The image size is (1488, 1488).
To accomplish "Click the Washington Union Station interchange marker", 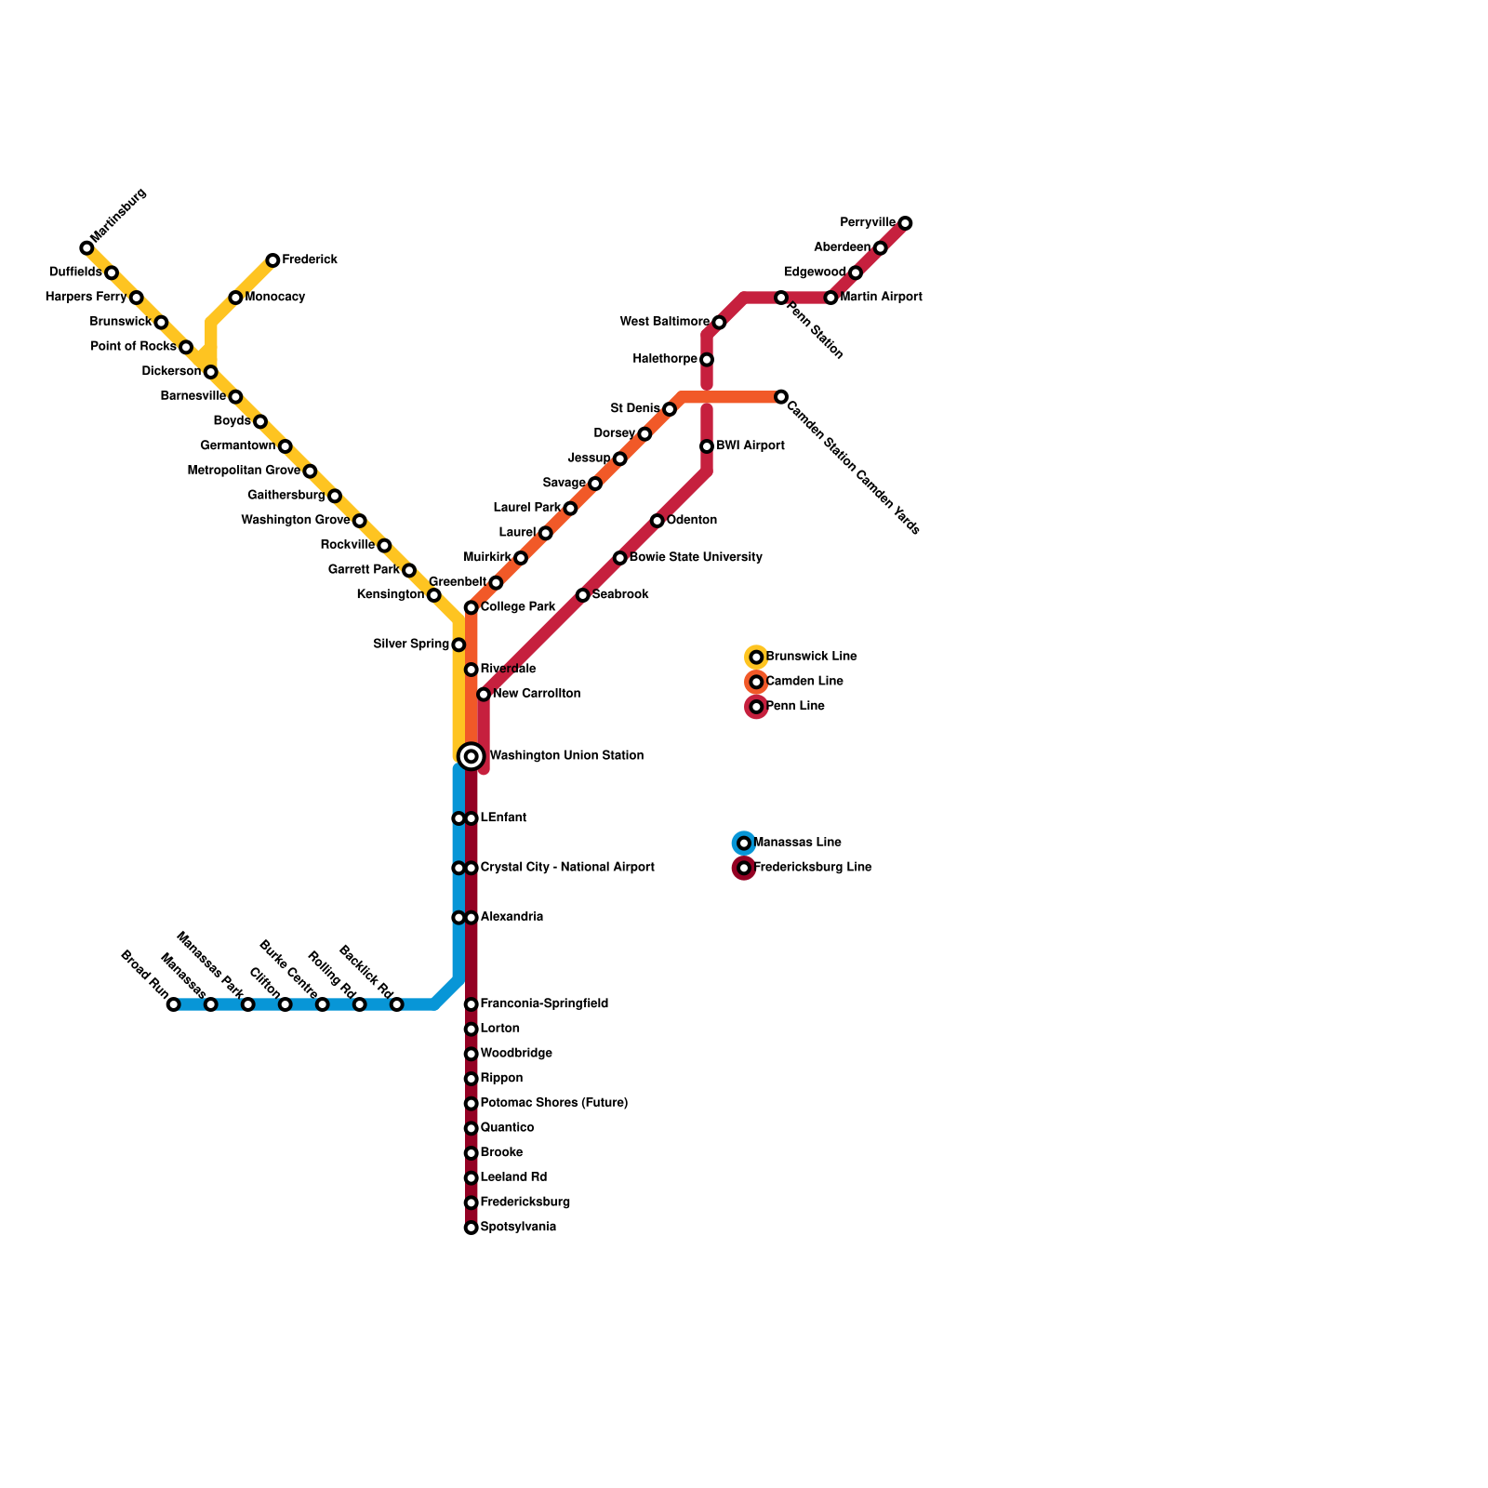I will (x=472, y=757).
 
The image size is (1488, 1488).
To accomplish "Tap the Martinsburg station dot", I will (x=86, y=247).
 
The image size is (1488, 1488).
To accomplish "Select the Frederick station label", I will (x=310, y=259).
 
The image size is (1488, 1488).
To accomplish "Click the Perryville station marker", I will (x=905, y=223).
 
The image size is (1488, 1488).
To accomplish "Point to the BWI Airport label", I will (x=751, y=446).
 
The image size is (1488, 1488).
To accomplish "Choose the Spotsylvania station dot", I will (x=472, y=1228).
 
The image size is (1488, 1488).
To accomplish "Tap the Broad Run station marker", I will (x=173, y=1004).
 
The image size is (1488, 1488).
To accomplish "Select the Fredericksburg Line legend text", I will (x=812, y=868).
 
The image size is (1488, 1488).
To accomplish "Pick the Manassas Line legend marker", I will (x=744, y=843).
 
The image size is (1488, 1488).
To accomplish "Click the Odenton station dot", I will (x=658, y=521).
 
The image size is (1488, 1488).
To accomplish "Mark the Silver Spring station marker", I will (x=458, y=644).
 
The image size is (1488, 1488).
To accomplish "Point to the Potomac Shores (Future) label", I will (x=554, y=1103).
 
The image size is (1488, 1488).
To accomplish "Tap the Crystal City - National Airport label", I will (x=567, y=868).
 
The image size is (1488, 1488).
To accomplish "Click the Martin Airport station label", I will (x=881, y=298).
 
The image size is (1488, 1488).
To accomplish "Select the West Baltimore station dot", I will (x=719, y=322).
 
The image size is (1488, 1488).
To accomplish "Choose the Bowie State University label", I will (x=696, y=558).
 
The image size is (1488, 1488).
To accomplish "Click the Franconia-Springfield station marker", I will (x=472, y=1004).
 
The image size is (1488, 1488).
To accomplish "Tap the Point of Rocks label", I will (x=134, y=347).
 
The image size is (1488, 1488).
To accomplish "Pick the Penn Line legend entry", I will (x=795, y=707).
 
